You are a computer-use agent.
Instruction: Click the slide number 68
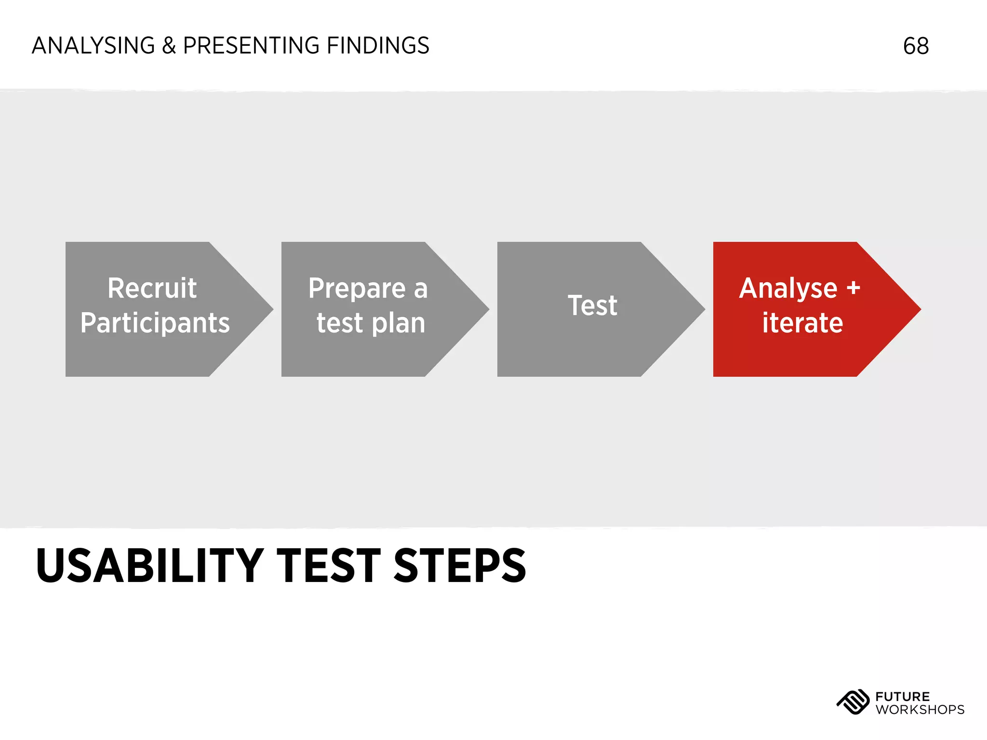point(916,46)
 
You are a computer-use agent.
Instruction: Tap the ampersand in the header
point(169,46)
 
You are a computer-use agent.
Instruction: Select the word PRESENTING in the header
point(251,46)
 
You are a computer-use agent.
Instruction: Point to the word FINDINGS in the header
point(378,46)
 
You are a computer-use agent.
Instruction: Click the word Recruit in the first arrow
point(152,288)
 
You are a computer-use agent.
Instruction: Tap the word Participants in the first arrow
point(155,323)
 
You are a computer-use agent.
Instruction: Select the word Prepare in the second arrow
point(357,288)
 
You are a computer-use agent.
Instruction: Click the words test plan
point(371,323)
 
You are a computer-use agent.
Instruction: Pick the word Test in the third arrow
point(592,305)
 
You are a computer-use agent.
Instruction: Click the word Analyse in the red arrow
point(788,288)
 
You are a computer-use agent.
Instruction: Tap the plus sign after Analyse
point(853,288)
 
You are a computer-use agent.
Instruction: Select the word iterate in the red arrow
point(802,323)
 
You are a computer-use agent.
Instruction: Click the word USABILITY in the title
point(149,566)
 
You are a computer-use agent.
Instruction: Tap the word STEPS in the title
point(460,566)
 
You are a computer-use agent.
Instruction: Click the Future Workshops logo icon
point(853,702)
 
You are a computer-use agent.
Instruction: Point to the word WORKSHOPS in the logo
point(920,710)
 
